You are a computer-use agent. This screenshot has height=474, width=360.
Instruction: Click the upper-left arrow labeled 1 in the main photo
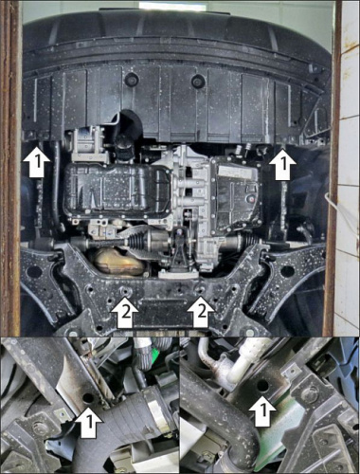[x=36, y=159]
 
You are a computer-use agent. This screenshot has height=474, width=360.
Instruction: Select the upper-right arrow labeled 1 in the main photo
[x=282, y=162]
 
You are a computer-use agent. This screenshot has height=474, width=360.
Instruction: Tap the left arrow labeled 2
[x=124, y=312]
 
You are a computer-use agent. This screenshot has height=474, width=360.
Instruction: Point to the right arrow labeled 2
[x=201, y=312]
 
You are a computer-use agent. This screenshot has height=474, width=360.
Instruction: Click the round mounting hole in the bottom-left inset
[x=88, y=398]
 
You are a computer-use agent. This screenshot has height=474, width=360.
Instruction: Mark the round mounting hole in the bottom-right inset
[x=262, y=385]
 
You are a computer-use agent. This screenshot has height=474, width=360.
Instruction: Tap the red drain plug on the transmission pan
[x=251, y=199]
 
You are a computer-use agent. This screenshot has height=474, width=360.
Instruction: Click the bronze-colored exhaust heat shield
[x=118, y=261]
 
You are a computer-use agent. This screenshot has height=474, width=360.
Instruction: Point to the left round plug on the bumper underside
[x=131, y=79]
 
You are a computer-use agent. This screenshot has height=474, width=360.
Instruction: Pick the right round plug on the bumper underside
[x=198, y=82]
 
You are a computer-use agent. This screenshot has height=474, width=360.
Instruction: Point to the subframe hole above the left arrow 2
[x=124, y=290]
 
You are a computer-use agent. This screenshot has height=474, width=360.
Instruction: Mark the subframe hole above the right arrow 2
[x=200, y=289]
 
